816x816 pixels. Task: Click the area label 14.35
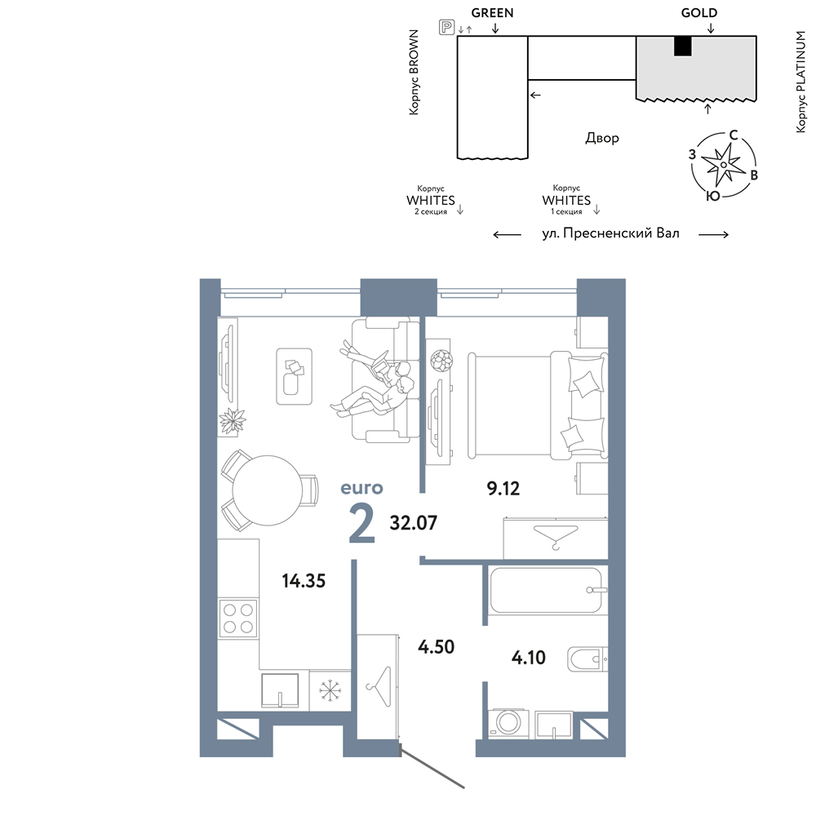tap(304, 581)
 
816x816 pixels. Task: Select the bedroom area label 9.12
tap(503, 488)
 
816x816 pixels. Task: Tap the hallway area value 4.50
tap(436, 647)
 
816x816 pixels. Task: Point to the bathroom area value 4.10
tap(528, 658)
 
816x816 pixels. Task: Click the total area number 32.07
tap(413, 522)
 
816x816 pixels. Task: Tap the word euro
tap(361, 488)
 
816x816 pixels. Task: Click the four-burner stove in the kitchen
tap(238, 619)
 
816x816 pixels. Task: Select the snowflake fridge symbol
tap(330, 690)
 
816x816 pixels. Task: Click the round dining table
tap(268, 490)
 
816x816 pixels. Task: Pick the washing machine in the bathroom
tap(508, 723)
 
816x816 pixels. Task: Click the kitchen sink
tap(280, 690)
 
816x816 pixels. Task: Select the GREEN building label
tap(492, 13)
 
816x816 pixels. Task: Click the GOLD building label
tap(699, 13)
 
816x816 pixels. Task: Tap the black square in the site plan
tap(683, 47)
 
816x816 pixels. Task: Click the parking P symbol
tap(446, 27)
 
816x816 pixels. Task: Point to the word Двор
tap(602, 139)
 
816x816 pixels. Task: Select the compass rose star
tap(723, 165)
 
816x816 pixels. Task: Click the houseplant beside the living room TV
tap(232, 420)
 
